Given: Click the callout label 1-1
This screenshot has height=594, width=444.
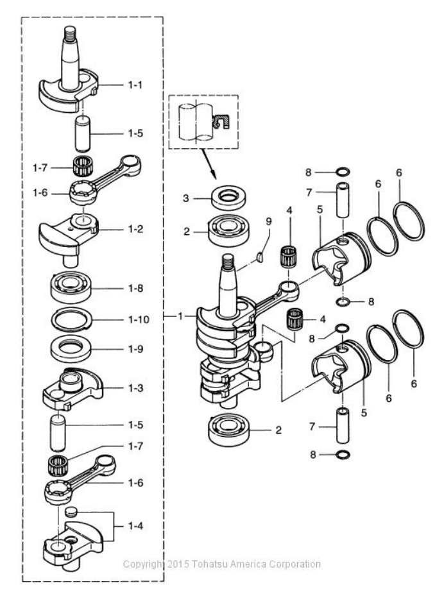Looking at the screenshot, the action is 135,85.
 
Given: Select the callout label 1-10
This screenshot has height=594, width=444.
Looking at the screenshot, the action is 139,319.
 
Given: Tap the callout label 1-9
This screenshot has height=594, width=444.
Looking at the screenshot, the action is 135,349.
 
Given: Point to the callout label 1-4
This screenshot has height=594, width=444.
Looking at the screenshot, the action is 135,526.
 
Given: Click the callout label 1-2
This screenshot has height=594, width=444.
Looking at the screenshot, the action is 135,229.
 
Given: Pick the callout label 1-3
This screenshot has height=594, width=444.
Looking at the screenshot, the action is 135,388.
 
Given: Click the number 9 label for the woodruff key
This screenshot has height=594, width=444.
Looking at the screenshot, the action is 269,221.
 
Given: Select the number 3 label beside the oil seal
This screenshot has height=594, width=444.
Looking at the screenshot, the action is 185,198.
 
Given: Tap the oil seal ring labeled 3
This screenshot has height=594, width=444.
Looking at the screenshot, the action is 229,197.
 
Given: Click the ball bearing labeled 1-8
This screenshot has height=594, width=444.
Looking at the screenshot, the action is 71,288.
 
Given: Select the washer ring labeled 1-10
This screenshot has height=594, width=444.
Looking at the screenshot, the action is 72,319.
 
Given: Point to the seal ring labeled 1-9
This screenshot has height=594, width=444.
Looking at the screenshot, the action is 71,349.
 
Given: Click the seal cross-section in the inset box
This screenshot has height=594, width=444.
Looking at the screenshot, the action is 220,121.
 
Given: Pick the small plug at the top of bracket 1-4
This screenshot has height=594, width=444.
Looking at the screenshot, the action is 71,511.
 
